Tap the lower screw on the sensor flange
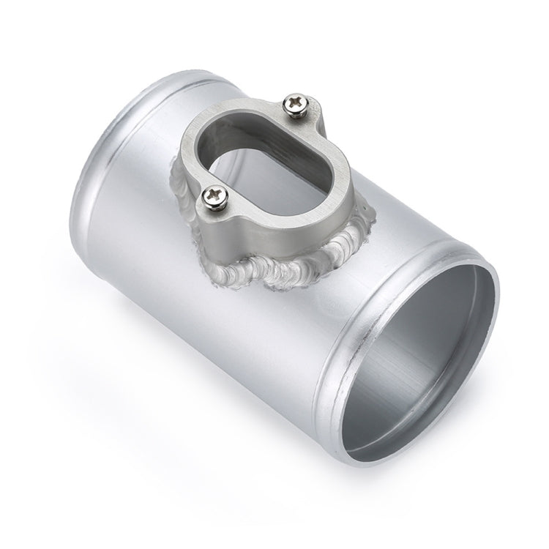(x=214, y=195)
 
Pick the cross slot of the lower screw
(x=214, y=195)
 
